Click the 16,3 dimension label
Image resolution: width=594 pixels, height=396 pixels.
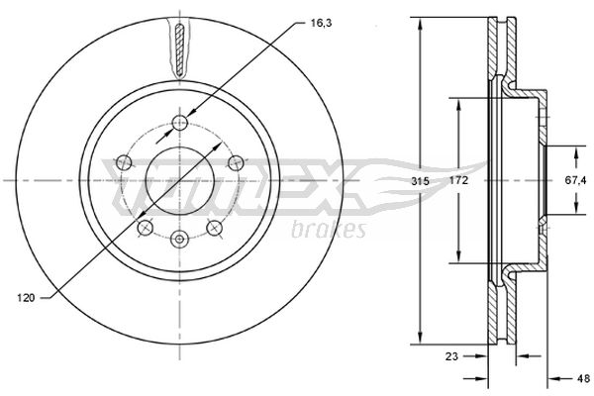[321, 23]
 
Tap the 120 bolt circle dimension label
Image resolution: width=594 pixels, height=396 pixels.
[26, 298]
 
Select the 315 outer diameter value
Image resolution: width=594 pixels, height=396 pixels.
[421, 181]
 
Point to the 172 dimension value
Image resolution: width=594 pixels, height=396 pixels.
[458, 180]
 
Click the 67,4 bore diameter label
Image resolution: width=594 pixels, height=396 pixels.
[575, 180]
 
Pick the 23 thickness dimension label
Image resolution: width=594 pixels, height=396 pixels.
[451, 356]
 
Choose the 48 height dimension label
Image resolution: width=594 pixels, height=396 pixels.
[584, 378]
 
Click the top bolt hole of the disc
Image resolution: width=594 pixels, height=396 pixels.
[180, 123]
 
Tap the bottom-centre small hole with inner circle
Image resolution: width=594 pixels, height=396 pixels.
[179, 239]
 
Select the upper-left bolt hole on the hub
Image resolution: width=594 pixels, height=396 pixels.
[124, 162]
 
